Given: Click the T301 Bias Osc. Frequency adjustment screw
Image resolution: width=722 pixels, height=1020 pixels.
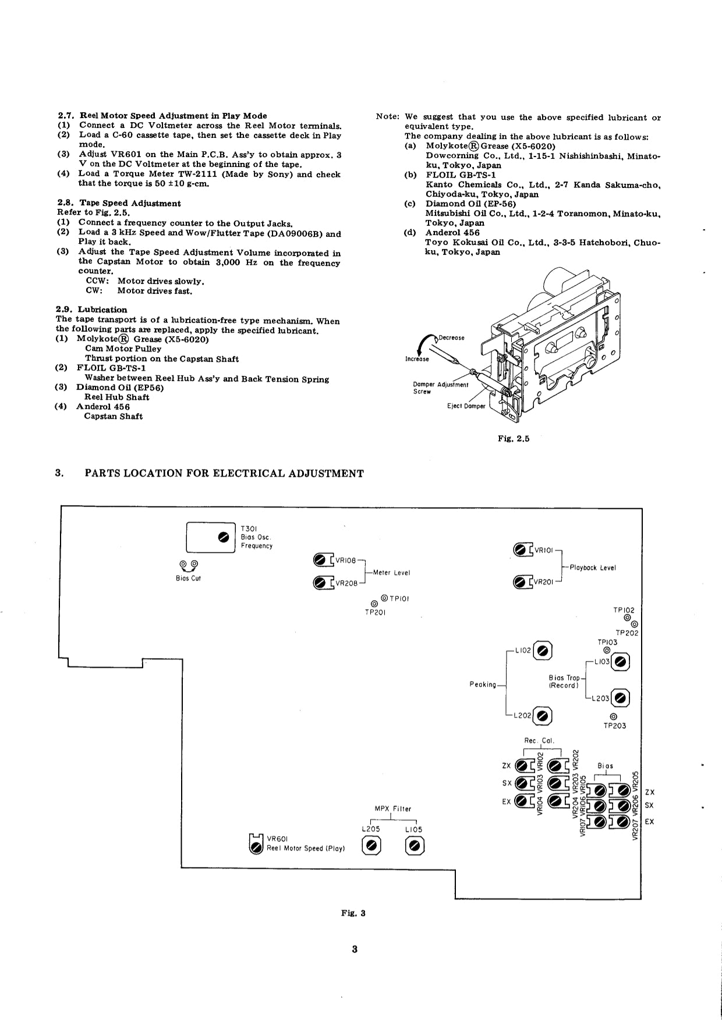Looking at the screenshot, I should click(x=222, y=536).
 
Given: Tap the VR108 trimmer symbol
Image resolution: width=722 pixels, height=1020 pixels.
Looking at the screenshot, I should click(x=319, y=560).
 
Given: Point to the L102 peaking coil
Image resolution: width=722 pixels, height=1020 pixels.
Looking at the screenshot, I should click(x=543, y=651).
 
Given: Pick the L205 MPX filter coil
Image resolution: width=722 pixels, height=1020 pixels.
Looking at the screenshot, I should click(x=372, y=845).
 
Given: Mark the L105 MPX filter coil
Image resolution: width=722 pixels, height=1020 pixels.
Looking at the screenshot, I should click(x=415, y=845).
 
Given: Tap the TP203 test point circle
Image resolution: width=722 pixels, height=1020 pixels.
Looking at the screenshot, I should click(x=613, y=716).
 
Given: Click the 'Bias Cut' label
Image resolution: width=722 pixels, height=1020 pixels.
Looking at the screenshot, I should click(x=188, y=578).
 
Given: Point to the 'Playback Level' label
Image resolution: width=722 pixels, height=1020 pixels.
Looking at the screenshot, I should click(x=592, y=567).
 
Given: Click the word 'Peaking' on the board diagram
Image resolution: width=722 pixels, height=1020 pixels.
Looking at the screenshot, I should click(x=483, y=684).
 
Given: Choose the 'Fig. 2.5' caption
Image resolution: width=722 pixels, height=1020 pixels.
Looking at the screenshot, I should click(x=513, y=439).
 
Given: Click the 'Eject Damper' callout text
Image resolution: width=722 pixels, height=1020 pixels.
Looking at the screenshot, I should click(x=466, y=406).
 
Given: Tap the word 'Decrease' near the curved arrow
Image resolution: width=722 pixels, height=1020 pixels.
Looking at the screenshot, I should click(x=451, y=337).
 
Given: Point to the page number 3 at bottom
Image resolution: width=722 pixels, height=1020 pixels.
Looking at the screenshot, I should click(x=355, y=949).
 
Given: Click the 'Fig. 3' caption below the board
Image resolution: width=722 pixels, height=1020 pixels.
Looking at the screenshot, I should click(x=353, y=913).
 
